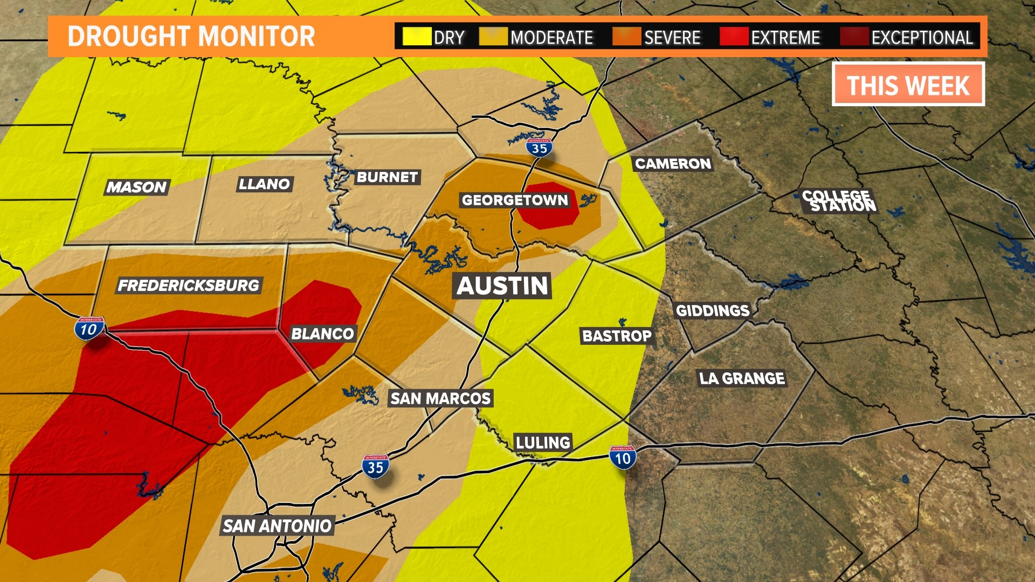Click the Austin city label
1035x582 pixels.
[x=502, y=286]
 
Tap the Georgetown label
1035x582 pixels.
[x=515, y=200]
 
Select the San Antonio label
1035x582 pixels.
[x=277, y=526]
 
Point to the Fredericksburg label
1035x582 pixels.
[x=189, y=286]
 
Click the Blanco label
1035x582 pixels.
[x=322, y=334]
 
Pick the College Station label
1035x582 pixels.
[x=839, y=201]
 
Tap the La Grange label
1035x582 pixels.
[x=742, y=378]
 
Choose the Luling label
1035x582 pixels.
[x=543, y=443]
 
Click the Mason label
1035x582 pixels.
[x=136, y=187]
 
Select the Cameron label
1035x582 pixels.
[x=673, y=164]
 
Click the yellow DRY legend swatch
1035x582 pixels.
[x=417, y=37]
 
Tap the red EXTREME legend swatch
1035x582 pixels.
[x=734, y=37]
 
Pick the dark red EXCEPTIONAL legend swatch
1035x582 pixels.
[x=854, y=37]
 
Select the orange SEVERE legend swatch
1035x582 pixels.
[x=627, y=37]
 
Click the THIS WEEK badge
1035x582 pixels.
[x=908, y=85]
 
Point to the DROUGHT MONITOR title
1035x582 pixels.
[x=191, y=37]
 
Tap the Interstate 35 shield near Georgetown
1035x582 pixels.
[x=539, y=148]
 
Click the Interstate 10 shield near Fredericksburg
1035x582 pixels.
[x=89, y=329]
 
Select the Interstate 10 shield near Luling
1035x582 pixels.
[x=623, y=458]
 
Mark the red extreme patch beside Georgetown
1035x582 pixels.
[x=549, y=206]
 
